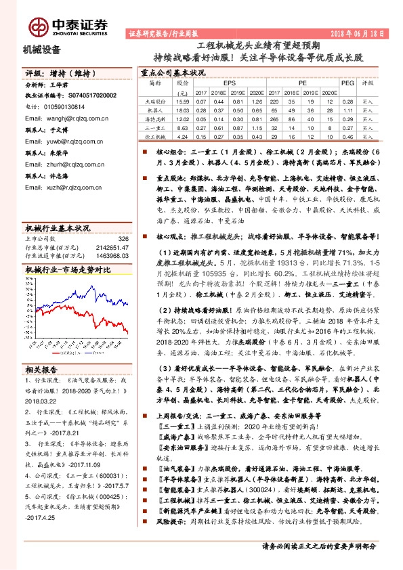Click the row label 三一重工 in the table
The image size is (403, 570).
click(x=156, y=127)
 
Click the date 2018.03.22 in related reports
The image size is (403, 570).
click(x=42, y=401)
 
